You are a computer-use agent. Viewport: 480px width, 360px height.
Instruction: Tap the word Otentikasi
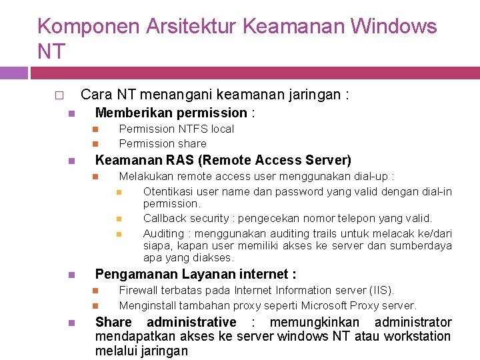pos(169,191)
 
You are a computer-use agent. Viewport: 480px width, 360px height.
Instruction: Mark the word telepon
pos(355,218)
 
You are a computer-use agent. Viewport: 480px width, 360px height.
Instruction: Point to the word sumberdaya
pos(420,245)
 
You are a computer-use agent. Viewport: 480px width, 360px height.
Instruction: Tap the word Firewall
pos(139,290)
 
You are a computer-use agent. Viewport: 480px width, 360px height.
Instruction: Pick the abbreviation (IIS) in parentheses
pos(381,290)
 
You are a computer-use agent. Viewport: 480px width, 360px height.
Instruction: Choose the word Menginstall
pos(148,305)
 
